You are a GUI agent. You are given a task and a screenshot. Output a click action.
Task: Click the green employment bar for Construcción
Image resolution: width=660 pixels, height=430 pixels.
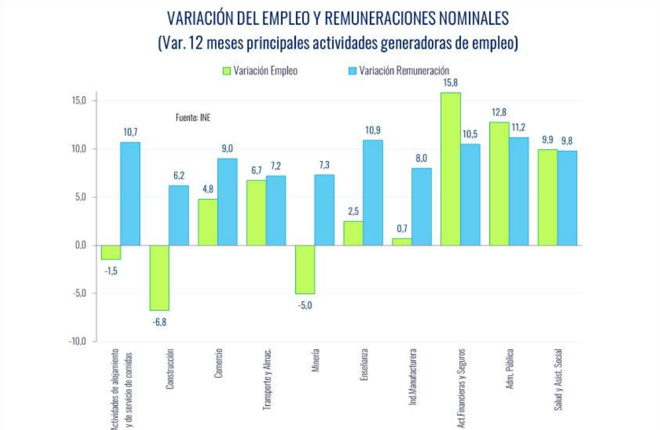pos(159,277)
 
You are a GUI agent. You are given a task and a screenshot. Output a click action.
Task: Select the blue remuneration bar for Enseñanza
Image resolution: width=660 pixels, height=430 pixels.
pos(373,193)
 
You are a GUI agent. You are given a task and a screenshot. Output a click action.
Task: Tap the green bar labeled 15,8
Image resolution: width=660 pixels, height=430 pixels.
pos(451,169)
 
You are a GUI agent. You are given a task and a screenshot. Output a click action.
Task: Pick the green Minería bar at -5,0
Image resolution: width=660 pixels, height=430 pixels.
pos(305,269)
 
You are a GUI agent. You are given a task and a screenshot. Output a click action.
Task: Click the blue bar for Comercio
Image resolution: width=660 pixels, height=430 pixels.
pos(227,202)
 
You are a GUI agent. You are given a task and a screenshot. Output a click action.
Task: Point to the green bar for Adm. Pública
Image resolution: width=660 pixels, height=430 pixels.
pos(499,184)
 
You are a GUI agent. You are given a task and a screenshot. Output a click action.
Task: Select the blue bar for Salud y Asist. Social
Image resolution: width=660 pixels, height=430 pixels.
pos(567,198)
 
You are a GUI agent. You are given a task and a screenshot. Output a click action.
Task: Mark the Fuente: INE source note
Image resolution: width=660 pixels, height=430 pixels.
pos(193,118)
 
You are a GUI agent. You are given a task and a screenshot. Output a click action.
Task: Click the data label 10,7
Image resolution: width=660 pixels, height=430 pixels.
pos(130,132)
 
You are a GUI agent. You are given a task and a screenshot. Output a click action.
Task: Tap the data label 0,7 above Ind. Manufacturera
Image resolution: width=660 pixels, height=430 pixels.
pos(402,229)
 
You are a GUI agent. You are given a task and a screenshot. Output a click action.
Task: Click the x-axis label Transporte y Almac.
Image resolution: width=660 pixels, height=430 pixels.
pos(268,380)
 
